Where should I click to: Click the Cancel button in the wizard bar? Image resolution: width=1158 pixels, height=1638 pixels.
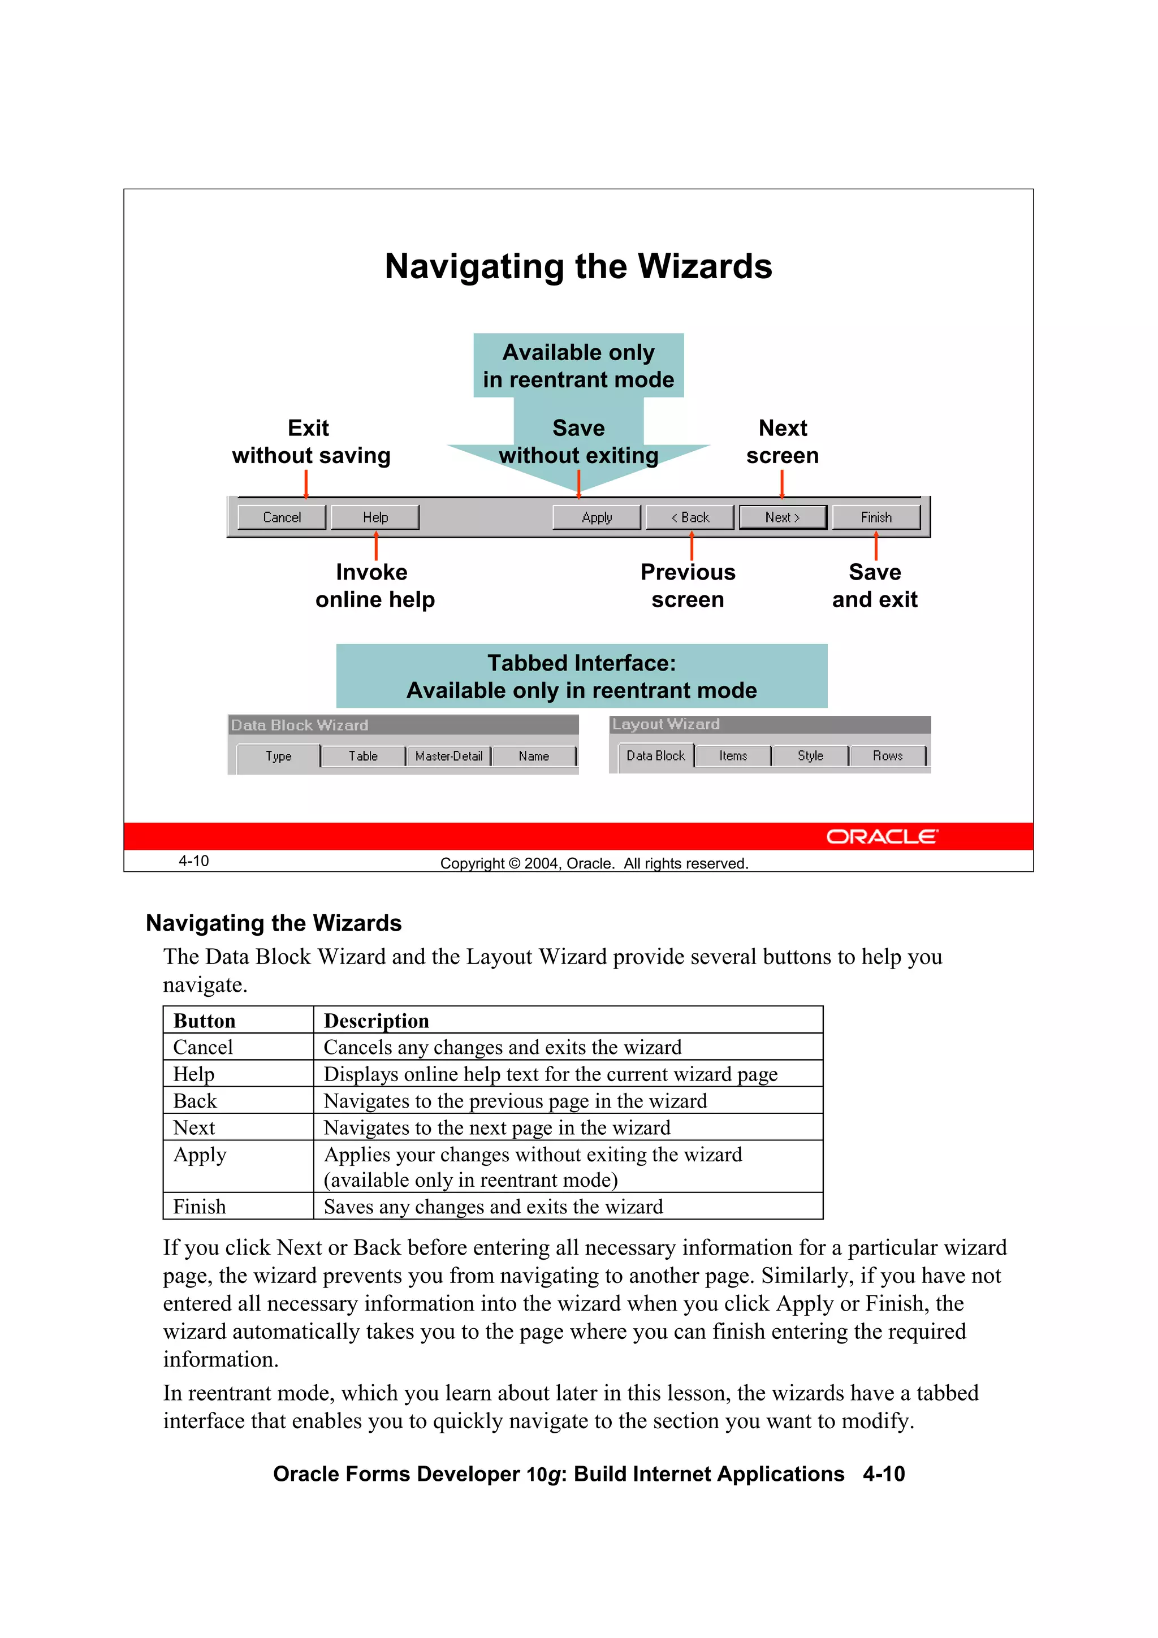point(281,517)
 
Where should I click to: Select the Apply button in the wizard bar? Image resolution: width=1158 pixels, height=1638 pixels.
point(597,517)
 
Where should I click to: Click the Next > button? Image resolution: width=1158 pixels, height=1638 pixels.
point(782,517)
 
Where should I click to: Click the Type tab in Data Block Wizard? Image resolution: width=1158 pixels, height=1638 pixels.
point(278,756)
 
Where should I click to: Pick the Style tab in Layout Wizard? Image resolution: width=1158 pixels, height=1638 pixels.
point(810,755)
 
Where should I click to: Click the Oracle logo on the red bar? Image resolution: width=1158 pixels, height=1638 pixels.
point(882,836)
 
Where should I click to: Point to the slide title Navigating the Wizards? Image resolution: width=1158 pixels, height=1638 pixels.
point(578,266)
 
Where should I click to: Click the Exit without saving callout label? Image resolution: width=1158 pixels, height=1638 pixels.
point(310,442)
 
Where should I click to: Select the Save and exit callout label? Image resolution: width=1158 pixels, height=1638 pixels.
point(875,586)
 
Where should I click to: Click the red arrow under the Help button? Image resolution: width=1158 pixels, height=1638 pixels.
point(376,546)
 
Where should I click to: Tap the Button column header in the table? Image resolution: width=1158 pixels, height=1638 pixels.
point(205,1021)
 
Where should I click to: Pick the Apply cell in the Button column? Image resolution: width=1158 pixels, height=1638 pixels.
point(200,1155)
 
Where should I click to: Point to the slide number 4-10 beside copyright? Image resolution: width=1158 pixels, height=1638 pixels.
point(193,861)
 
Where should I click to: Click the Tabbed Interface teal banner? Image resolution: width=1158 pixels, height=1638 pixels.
point(581,676)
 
